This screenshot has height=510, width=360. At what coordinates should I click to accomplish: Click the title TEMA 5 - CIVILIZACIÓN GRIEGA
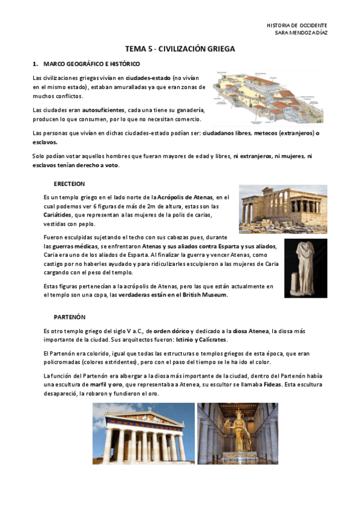tap(180, 49)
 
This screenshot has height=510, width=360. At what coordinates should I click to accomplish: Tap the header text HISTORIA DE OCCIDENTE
tap(297, 25)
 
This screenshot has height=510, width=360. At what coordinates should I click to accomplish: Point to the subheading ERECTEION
tap(69, 183)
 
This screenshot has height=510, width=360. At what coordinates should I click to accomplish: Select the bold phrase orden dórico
tap(171, 331)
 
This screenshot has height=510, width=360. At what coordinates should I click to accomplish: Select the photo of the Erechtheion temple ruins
tap(282, 208)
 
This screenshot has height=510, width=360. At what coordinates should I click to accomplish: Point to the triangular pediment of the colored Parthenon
tap(143, 417)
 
